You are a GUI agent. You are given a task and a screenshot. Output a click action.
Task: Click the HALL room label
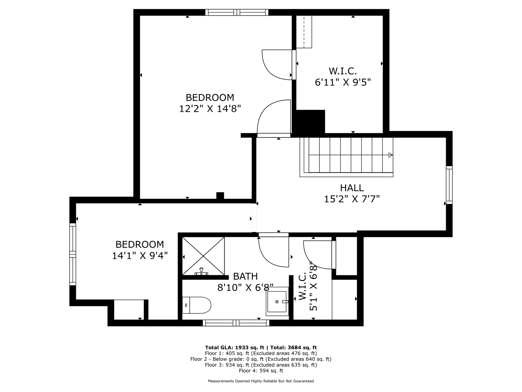[x=352, y=188]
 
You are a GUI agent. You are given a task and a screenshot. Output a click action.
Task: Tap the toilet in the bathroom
[x=196, y=305]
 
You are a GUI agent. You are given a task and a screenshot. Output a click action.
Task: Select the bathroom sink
[x=277, y=302]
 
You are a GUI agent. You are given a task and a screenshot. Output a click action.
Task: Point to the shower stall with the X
[x=203, y=256]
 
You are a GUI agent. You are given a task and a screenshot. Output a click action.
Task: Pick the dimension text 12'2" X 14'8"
[x=210, y=109]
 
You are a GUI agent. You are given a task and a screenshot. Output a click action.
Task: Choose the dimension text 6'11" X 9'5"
[x=343, y=82]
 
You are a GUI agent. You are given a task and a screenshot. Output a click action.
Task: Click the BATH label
[x=245, y=276]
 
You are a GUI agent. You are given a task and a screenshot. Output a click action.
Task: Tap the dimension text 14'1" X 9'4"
[x=140, y=256]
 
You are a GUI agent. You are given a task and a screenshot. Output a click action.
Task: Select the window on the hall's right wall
[x=449, y=185]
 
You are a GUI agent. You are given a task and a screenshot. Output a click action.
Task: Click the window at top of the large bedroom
[x=237, y=12]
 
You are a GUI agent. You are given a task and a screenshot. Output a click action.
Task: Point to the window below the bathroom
[x=236, y=323]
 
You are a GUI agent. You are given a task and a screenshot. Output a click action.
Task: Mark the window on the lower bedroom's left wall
[x=73, y=254]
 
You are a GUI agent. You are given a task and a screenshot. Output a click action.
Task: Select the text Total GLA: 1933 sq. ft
[x=234, y=348]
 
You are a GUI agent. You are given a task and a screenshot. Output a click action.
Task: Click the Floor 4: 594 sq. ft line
[x=261, y=371]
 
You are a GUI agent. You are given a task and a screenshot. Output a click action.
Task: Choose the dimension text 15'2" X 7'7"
[x=352, y=199]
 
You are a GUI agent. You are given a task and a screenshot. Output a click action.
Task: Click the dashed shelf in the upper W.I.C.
[x=304, y=32]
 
